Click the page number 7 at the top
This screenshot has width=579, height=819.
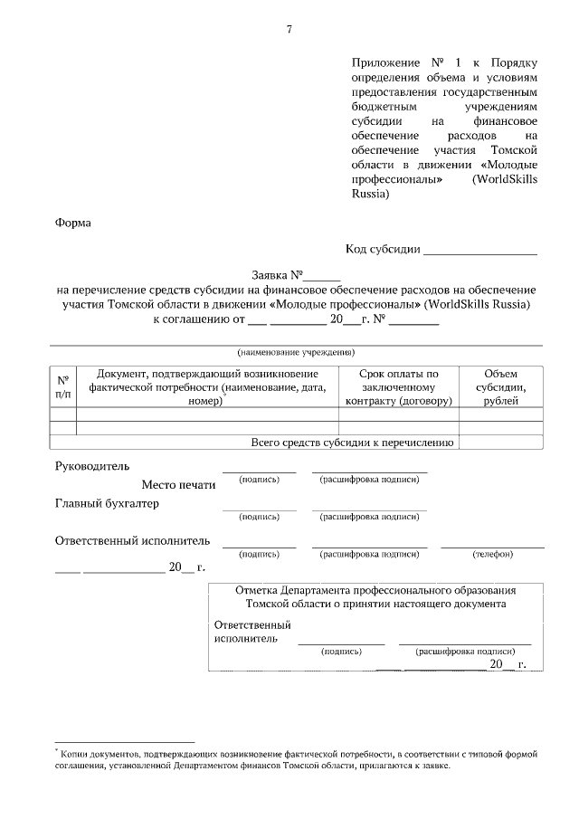point(289,30)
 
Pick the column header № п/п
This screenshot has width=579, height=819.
point(62,386)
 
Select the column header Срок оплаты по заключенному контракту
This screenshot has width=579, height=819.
point(398,386)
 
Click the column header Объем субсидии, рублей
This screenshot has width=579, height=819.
point(500,386)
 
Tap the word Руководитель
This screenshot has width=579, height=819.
point(86,466)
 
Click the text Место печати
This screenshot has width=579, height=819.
point(178,485)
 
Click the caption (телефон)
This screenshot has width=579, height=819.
point(492,554)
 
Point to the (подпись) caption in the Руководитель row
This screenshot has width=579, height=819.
point(259,480)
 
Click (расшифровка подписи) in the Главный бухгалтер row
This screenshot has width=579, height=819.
point(369,517)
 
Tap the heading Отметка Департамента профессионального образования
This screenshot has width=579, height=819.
point(375,590)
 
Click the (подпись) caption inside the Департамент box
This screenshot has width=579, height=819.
point(341,650)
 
